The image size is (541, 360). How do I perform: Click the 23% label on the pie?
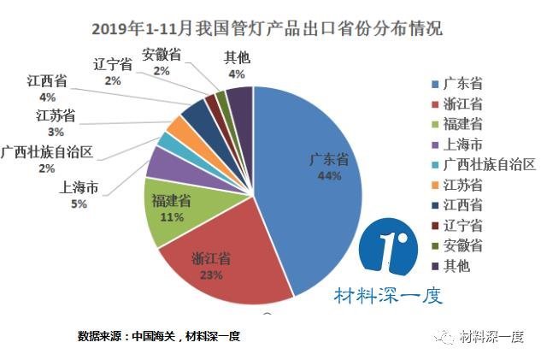(x=212, y=275)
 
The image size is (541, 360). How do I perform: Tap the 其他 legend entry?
(x=458, y=266)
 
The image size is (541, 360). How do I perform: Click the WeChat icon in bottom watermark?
(x=446, y=336)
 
